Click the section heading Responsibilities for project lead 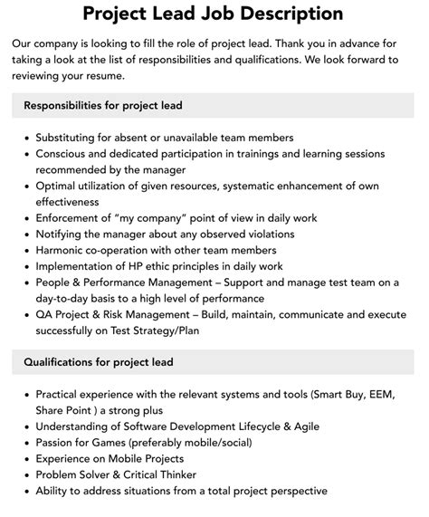(x=104, y=106)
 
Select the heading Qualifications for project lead (x=99, y=363)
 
